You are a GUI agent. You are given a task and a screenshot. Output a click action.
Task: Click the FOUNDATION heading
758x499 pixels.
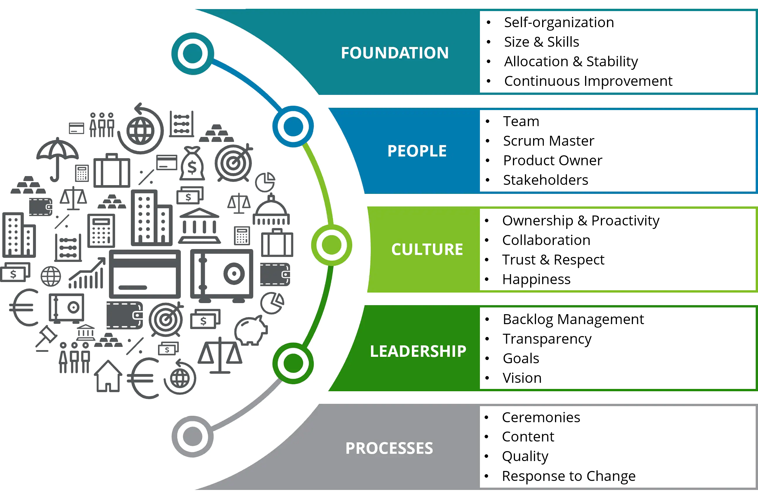click(395, 53)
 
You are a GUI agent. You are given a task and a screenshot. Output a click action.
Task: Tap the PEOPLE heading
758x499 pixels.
click(417, 151)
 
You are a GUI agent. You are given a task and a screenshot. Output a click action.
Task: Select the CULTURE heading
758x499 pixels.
click(427, 249)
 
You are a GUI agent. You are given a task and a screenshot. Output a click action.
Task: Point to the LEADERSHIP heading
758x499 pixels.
click(418, 351)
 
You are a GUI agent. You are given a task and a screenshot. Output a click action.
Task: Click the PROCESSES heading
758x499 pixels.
click(389, 448)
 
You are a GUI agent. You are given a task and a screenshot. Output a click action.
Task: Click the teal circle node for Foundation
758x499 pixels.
click(193, 53)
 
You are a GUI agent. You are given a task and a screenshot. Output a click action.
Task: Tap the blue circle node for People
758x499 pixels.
click(293, 126)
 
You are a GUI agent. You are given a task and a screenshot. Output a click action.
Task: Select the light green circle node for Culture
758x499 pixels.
click(332, 245)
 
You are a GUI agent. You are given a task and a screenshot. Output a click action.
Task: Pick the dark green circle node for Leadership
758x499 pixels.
click(293, 363)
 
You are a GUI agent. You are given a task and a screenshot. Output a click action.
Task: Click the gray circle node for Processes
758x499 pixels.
click(193, 436)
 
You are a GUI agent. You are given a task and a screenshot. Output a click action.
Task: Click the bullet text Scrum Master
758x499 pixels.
click(549, 141)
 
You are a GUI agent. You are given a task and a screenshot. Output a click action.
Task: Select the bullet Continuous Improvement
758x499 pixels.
click(588, 81)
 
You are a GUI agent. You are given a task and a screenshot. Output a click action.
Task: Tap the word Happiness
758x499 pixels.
click(536, 279)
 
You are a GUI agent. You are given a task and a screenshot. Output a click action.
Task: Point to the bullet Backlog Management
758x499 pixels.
click(573, 319)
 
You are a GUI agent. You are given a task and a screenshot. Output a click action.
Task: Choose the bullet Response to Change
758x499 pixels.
click(568, 476)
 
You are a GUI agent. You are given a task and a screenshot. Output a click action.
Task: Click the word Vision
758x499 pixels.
click(522, 378)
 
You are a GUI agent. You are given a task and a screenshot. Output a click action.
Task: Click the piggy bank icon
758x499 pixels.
click(251, 331)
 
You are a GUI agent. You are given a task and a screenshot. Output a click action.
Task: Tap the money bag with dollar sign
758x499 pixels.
click(192, 164)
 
